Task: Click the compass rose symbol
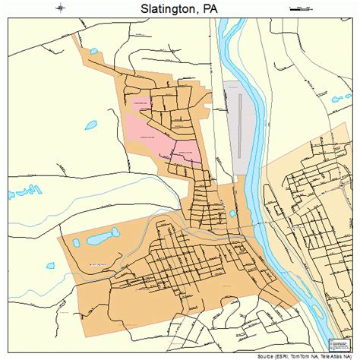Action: click(62, 9)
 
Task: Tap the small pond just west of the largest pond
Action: click(76, 244)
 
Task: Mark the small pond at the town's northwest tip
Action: click(94, 52)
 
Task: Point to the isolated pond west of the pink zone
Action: click(90, 124)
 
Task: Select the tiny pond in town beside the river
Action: click(232, 214)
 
